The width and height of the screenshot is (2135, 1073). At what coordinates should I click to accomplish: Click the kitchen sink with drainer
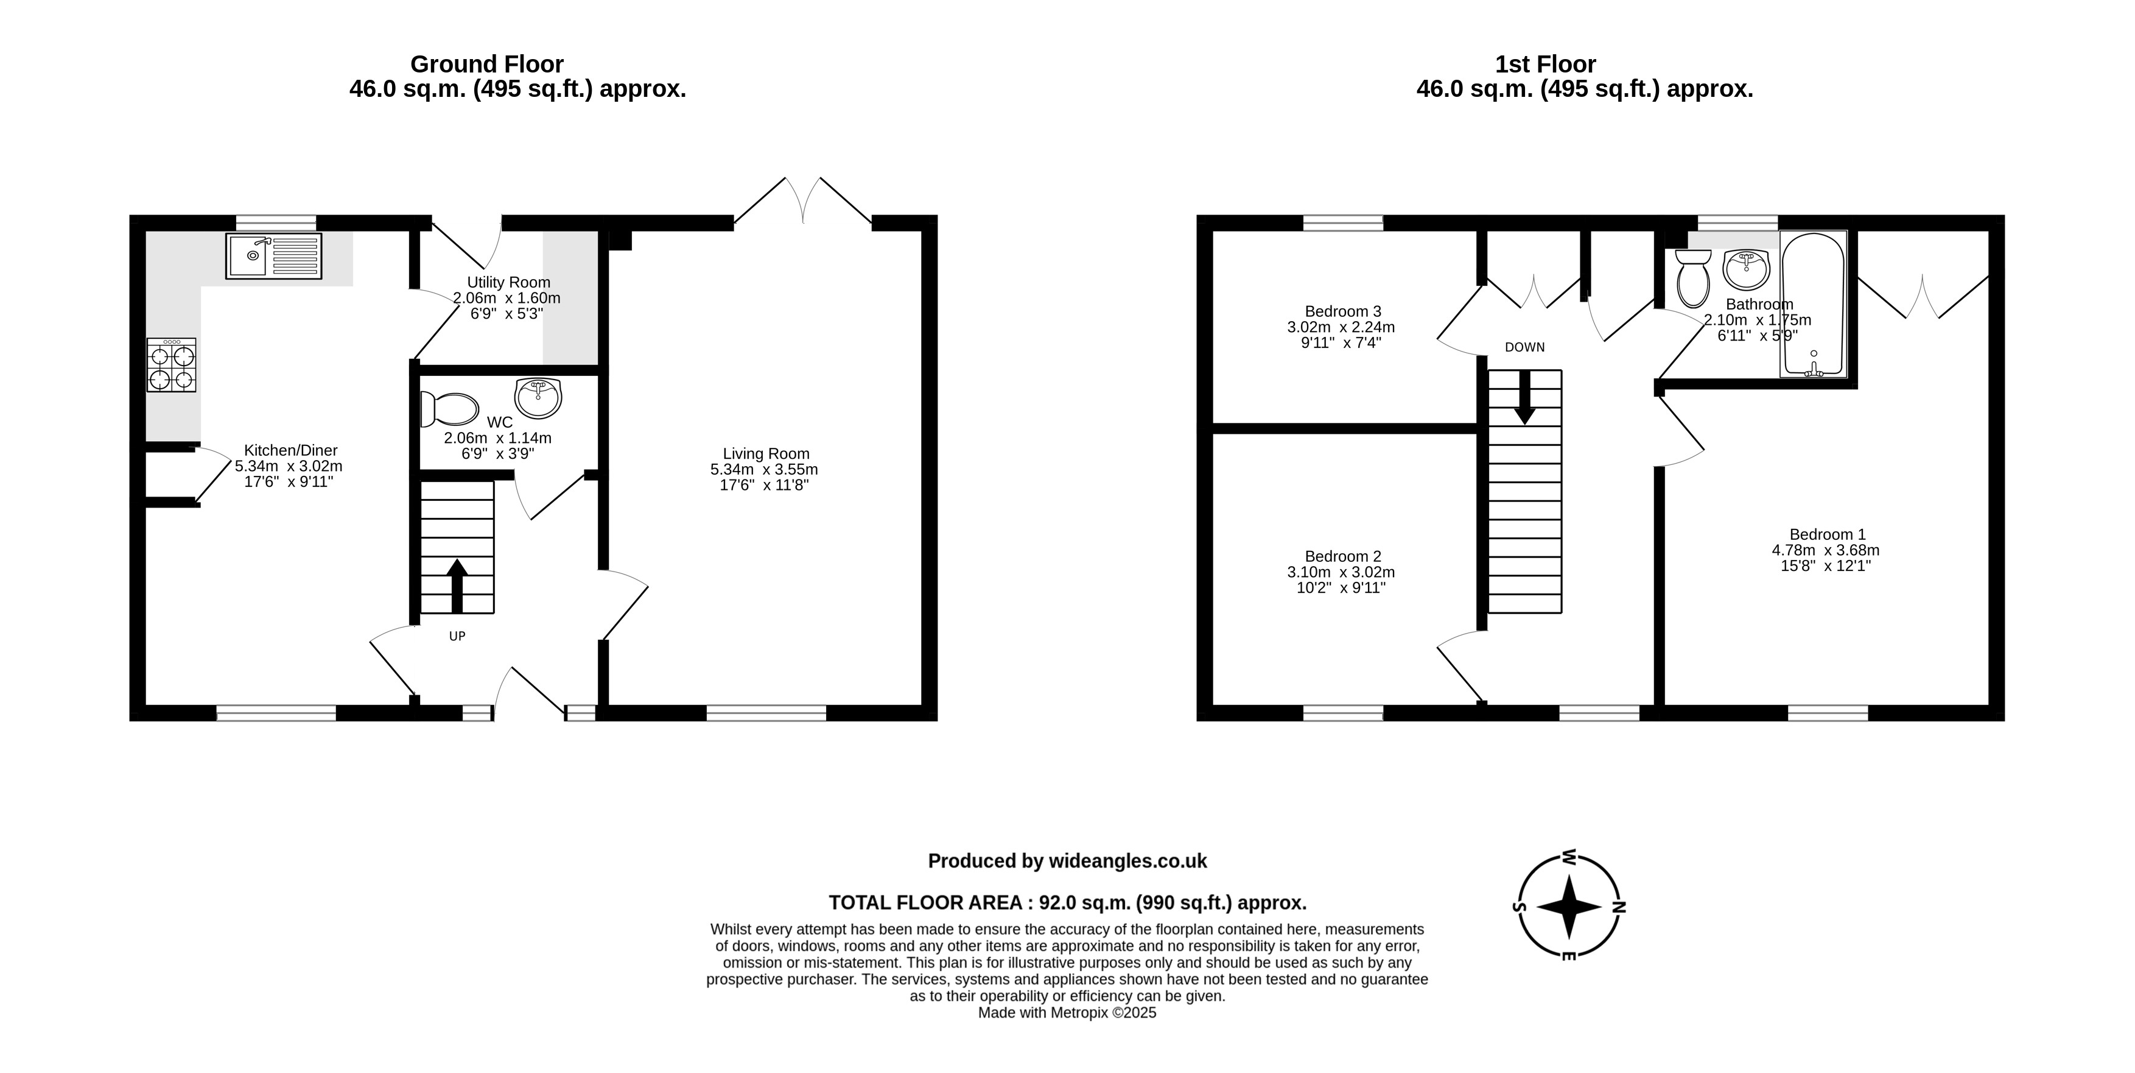point(273,257)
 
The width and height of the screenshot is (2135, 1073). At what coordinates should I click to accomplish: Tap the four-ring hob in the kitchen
point(172,365)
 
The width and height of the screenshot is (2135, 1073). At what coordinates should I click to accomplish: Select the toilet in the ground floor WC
point(450,409)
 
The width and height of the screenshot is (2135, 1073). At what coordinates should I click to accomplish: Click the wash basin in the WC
point(539,398)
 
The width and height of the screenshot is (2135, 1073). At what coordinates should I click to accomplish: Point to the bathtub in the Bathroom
point(1814,304)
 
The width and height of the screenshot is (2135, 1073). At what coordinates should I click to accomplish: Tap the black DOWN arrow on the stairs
point(1524,398)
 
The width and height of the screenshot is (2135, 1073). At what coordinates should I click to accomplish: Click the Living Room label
point(766,453)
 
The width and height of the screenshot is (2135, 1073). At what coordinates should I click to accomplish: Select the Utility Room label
point(508,282)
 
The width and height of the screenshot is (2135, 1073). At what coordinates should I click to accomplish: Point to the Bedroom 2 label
point(1342,556)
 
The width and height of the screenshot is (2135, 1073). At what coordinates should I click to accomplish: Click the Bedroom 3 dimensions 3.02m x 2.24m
point(1341,327)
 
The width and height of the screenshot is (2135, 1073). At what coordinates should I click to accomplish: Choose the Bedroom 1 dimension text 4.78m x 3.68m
point(1826,550)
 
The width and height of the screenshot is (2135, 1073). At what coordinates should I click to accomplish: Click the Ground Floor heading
point(488,64)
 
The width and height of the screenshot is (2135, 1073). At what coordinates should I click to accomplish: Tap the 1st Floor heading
point(1546,64)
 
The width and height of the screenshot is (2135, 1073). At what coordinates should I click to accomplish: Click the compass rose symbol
point(1569,906)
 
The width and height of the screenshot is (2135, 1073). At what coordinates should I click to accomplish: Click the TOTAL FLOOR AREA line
point(1068,902)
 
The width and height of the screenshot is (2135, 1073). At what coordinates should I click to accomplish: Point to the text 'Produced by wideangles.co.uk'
point(1068,861)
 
